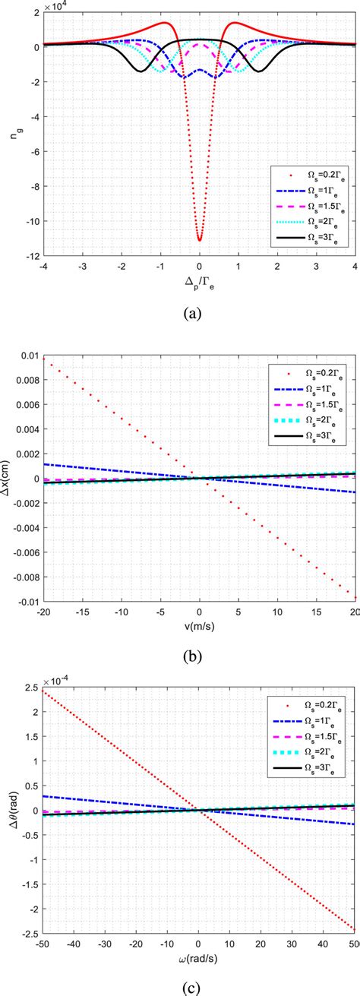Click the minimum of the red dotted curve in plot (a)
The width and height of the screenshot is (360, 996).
pos(199,240)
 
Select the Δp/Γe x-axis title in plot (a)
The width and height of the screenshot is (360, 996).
pos(199,282)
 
